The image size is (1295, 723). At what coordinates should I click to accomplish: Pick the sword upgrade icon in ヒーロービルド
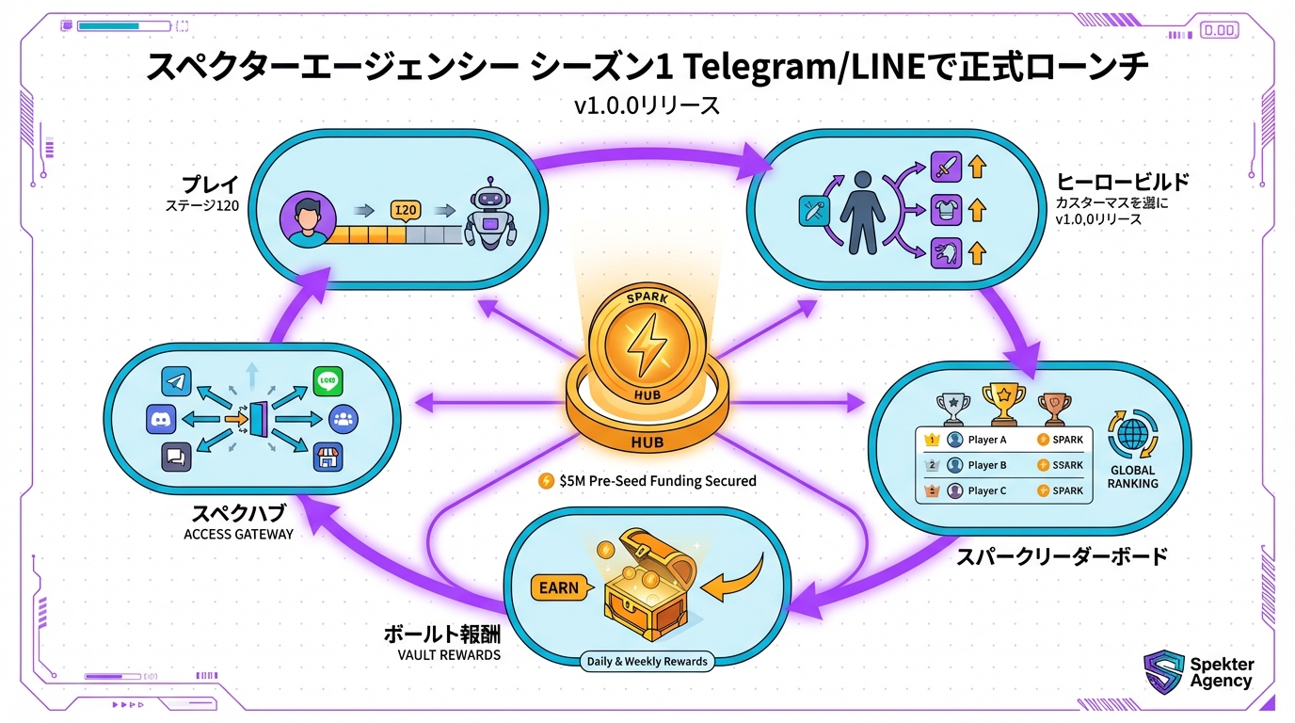944,168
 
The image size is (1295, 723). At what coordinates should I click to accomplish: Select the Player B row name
987,465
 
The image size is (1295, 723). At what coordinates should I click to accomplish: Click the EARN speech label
558,587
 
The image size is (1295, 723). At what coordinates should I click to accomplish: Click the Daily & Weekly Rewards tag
647,661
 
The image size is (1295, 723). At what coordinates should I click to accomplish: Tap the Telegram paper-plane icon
177,381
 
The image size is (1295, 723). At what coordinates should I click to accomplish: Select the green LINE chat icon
328,381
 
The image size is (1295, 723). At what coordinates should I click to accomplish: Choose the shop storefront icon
328,457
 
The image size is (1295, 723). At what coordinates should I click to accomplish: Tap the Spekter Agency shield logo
1163,672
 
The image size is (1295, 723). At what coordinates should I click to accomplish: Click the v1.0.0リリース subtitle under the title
647,106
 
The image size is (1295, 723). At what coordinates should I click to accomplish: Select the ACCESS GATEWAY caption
238,534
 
